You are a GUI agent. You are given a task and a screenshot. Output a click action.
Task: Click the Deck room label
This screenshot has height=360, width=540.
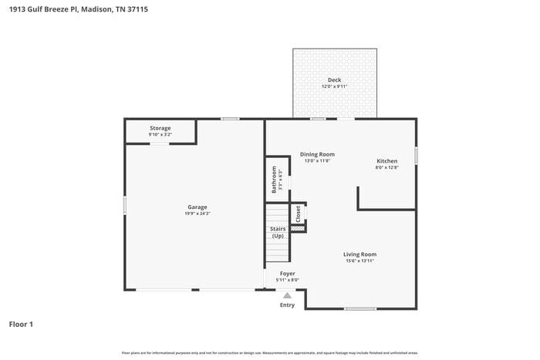tap(334, 79)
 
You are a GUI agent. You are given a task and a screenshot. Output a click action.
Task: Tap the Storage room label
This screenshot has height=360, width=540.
tap(160, 128)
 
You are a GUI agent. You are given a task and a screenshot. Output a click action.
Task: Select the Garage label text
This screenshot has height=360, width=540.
tap(197, 207)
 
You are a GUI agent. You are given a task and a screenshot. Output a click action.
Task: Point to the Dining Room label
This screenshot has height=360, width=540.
tap(317, 154)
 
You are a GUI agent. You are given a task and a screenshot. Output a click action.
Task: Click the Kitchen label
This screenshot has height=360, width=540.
tap(386, 160)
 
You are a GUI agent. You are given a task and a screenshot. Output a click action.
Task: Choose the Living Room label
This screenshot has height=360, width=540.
tap(359, 254)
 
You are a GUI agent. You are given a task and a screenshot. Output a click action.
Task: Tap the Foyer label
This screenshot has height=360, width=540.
tap(287, 273)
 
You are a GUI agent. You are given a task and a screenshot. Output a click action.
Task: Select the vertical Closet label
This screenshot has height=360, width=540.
tap(299, 214)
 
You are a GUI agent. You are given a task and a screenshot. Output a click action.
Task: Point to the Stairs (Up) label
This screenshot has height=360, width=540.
tap(278, 232)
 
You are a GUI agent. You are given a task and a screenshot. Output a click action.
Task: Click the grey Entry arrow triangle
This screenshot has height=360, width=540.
tap(287, 295)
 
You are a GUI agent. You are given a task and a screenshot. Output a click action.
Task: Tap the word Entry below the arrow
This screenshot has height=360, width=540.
tap(287, 305)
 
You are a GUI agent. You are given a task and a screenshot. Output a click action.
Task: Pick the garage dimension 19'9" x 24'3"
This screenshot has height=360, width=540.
tap(197, 214)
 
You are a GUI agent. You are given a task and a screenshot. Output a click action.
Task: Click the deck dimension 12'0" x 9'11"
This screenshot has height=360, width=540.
tap(334, 86)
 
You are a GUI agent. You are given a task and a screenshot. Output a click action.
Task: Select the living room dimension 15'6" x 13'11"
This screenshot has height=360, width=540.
tap(359, 261)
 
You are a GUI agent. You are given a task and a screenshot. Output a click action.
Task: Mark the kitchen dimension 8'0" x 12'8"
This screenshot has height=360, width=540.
tap(386, 167)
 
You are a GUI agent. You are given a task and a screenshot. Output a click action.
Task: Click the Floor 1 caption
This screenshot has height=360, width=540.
tap(21, 325)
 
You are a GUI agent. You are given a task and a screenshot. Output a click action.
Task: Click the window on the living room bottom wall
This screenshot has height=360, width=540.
tap(360, 309)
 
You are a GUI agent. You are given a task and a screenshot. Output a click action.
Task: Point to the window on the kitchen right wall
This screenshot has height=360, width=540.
tap(416, 155)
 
